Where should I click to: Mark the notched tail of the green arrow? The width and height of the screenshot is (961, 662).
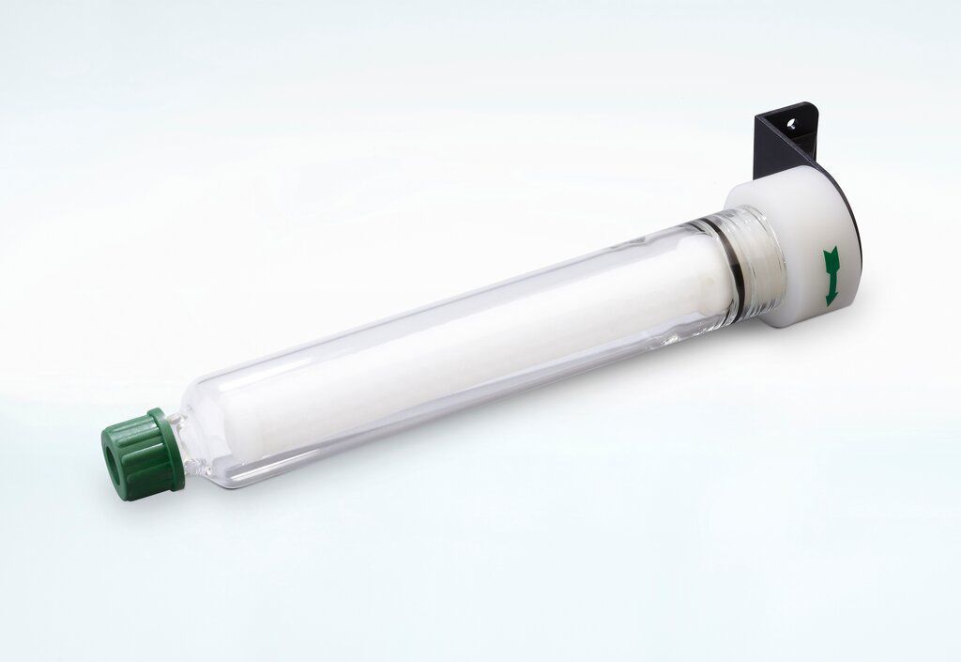pos(830,254)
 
